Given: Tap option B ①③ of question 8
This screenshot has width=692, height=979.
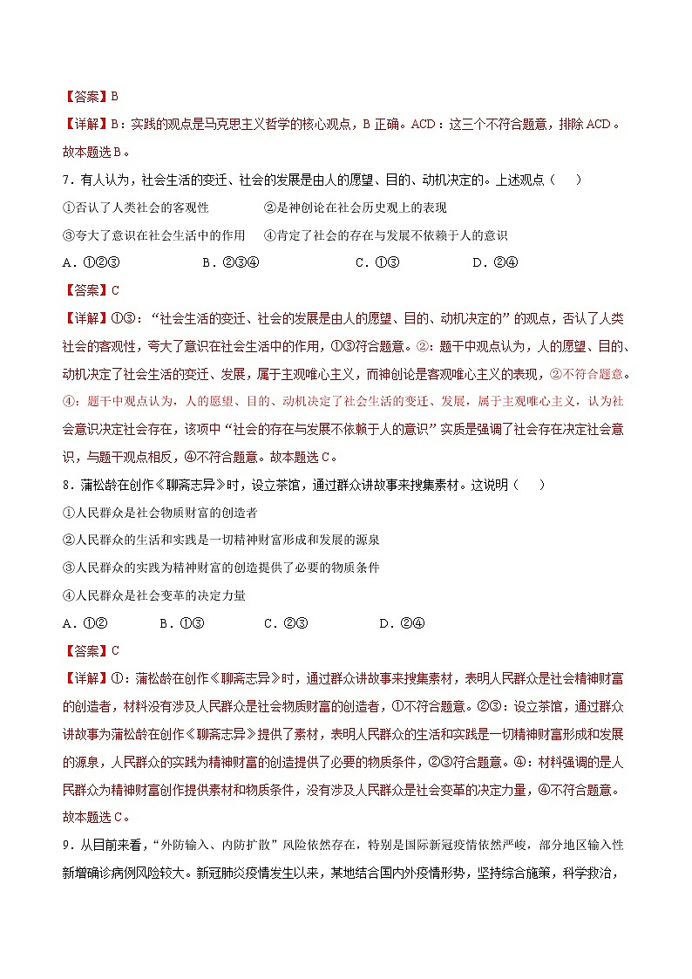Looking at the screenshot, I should [x=181, y=623].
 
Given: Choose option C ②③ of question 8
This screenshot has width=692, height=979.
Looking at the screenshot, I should [x=286, y=623].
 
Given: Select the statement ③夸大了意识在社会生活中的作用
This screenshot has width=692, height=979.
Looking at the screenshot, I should [x=154, y=235].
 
